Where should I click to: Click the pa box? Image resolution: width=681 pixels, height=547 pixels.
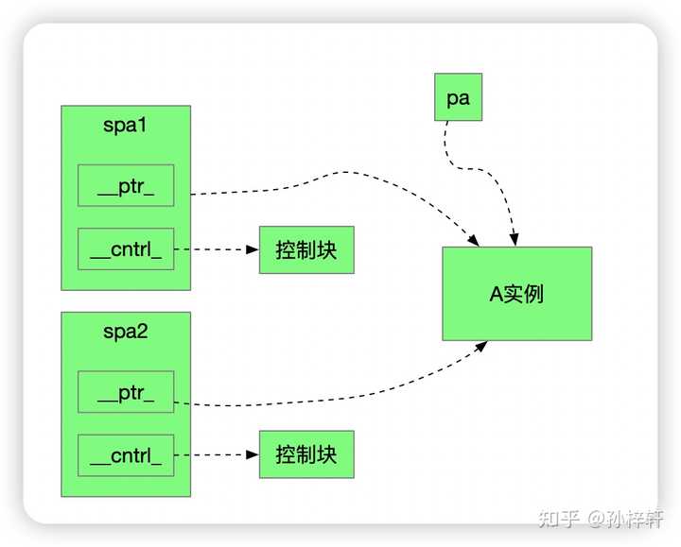[x=458, y=98]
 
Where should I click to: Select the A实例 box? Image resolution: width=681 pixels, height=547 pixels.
[x=516, y=293]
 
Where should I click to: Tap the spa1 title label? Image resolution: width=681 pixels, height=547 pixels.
[x=126, y=126]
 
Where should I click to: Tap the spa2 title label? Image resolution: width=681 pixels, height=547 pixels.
[x=126, y=332]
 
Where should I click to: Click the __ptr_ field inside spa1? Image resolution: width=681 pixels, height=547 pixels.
[x=126, y=185]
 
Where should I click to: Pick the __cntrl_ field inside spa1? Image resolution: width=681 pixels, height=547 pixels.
[x=126, y=248]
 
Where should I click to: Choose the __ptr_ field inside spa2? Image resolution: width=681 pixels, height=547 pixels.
[x=126, y=392]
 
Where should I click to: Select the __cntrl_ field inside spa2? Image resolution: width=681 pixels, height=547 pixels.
[x=126, y=455]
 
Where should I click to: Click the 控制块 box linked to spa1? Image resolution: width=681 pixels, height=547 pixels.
[x=306, y=249]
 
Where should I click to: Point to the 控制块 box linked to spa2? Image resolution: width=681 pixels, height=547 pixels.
[x=306, y=454]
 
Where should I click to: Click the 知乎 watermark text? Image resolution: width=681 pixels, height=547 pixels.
[x=560, y=518]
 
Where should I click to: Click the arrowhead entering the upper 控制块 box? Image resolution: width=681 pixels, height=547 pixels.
[x=253, y=249]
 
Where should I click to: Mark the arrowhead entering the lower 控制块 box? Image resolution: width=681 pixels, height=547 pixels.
[x=253, y=454]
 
